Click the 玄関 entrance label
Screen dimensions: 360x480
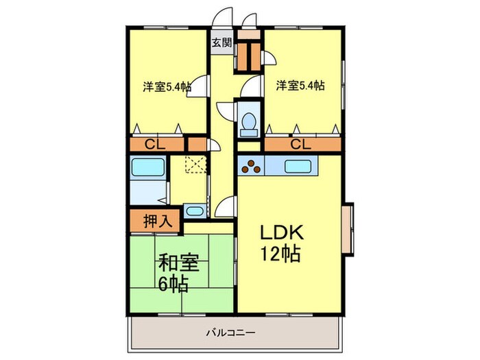(x=221, y=43)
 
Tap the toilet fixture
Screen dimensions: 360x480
(x=248, y=121)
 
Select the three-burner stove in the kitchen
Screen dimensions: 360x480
(x=251, y=166)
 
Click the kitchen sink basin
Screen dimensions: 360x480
(x=299, y=166)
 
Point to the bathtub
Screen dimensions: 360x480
(x=147, y=169)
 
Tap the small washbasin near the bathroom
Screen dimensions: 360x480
(x=193, y=211)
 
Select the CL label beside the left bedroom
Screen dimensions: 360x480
(x=154, y=145)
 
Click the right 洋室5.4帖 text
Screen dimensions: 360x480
(x=300, y=86)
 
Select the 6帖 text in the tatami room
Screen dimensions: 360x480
(x=174, y=283)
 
